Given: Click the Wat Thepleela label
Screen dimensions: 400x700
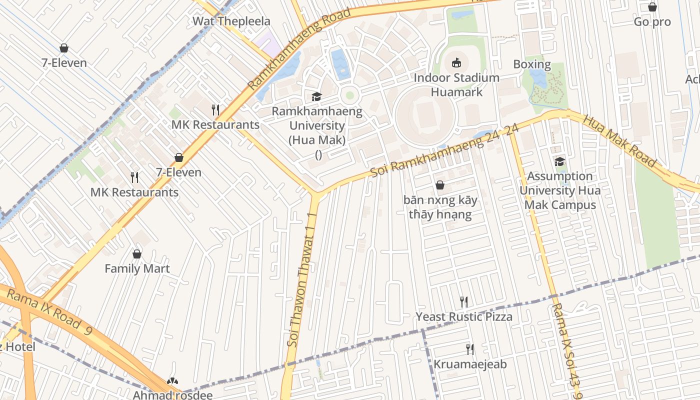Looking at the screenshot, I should coord(231,21).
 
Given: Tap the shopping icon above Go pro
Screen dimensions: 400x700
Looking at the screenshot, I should coord(652,7).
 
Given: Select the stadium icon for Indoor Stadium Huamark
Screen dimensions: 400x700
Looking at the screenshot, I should coord(456,63).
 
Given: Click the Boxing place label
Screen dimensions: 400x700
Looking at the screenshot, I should coord(532,64).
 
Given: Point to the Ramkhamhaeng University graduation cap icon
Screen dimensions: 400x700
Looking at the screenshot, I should coord(316,96).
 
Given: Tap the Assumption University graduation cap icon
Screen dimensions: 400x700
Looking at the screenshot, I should coord(559,161).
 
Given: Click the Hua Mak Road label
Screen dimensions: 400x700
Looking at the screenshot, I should coord(619,141).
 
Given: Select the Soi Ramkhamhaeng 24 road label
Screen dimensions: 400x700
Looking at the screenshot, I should coord(444,150).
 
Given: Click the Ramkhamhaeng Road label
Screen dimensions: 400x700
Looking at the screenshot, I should coord(299,49).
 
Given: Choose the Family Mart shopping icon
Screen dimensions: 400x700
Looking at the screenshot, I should coord(137,254).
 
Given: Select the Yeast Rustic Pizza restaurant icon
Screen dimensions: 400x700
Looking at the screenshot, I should coord(464,301).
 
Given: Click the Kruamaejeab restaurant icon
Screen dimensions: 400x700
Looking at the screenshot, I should coord(469,349).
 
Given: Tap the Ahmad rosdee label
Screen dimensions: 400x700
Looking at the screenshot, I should coord(172,395).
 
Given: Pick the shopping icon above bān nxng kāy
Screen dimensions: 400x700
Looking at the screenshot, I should coord(440,185).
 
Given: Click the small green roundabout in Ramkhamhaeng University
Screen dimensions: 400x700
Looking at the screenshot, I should coord(349,95).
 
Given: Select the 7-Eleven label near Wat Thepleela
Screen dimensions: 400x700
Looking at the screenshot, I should coord(64,63).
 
